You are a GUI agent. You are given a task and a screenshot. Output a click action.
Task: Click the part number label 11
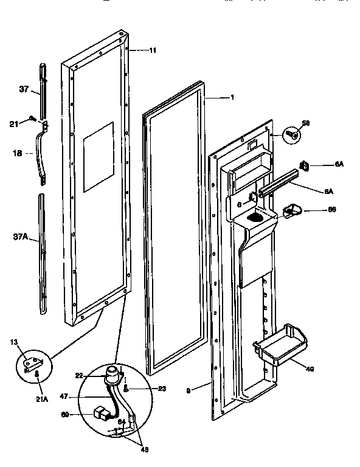coord(152,50)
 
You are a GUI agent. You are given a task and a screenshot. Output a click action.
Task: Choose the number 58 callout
coord(306,123)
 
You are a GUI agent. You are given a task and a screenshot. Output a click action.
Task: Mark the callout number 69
coord(66,415)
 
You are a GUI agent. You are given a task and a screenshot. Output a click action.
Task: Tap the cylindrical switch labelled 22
coord(111,374)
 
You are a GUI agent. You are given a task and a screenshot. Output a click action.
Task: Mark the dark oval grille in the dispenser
coord(257,216)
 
